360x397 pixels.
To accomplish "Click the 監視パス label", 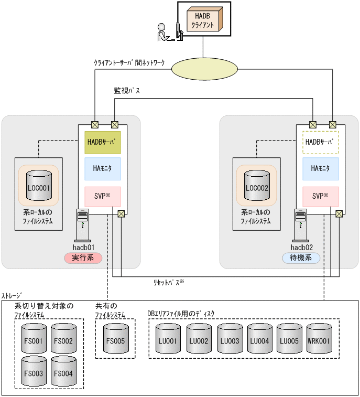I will pyautogui.click(x=127, y=90).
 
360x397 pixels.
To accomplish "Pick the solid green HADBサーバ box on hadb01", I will pyautogui.click(x=103, y=143).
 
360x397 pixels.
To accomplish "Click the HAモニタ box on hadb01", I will pyautogui.click(x=103, y=169).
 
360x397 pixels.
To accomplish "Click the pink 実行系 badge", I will pyautogui.click(x=83, y=257).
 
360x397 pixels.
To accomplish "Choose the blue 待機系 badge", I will pyautogui.click(x=301, y=257).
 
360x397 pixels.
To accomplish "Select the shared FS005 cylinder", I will pyautogui.click(x=115, y=341).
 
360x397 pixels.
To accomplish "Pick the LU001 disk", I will pyautogui.click(x=168, y=341).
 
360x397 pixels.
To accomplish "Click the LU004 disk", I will pyautogui.click(x=259, y=341).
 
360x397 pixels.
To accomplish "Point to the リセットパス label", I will pyautogui.click(x=168, y=282).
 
